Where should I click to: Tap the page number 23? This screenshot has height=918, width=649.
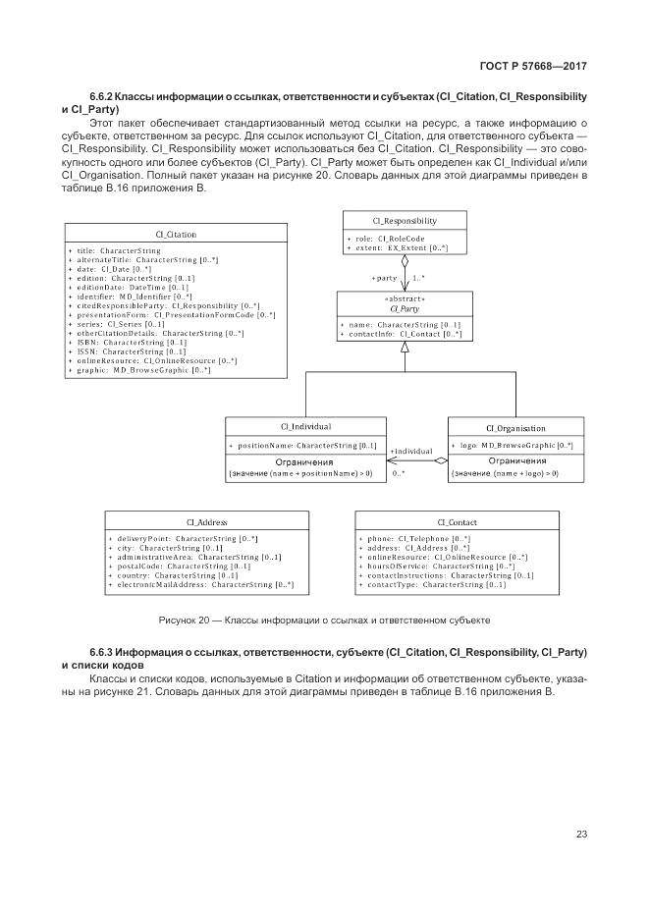(580, 835)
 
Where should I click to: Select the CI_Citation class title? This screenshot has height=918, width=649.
(176, 235)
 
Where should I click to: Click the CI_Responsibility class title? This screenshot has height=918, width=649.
(405, 221)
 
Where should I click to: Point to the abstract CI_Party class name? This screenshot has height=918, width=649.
(405, 307)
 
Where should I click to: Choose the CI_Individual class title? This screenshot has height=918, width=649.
(305, 427)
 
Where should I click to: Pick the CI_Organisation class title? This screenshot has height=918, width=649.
(515, 428)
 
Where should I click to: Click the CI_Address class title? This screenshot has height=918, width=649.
(206, 522)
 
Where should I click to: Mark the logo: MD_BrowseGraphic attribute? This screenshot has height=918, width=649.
(515, 446)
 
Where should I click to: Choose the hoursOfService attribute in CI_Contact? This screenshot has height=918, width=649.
(439, 566)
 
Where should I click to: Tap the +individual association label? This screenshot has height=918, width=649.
(410, 452)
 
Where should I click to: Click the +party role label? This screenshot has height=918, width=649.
(385, 278)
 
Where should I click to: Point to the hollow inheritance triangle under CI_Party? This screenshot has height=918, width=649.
(405, 362)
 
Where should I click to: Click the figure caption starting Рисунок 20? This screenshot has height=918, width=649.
(324, 621)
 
